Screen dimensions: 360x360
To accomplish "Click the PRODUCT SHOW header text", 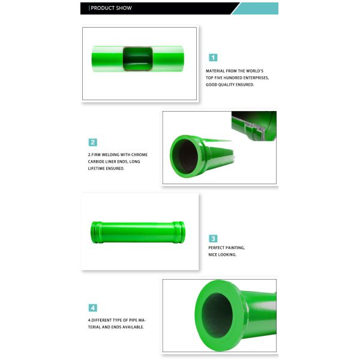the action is click(111, 8).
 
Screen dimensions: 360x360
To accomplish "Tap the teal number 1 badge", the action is click(213, 58).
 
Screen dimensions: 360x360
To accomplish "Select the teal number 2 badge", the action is click(93, 142).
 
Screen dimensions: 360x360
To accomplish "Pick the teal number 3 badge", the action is click(213, 239).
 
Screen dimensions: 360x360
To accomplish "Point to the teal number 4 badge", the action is click(93, 308).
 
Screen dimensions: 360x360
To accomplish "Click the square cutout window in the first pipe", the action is click(138, 59).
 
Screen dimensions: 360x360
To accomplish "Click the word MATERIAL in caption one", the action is click(215, 71).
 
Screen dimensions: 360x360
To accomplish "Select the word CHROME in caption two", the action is click(139, 155).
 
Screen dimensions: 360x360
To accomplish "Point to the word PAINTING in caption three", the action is click(236, 248).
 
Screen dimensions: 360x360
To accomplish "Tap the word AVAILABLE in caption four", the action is click(133, 327).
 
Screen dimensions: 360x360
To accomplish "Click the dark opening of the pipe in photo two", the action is click(184, 156).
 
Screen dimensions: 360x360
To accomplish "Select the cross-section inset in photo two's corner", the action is click(254, 125).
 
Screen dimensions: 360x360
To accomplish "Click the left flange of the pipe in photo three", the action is click(96, 232).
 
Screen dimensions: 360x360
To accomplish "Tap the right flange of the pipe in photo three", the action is click(179, 232).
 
